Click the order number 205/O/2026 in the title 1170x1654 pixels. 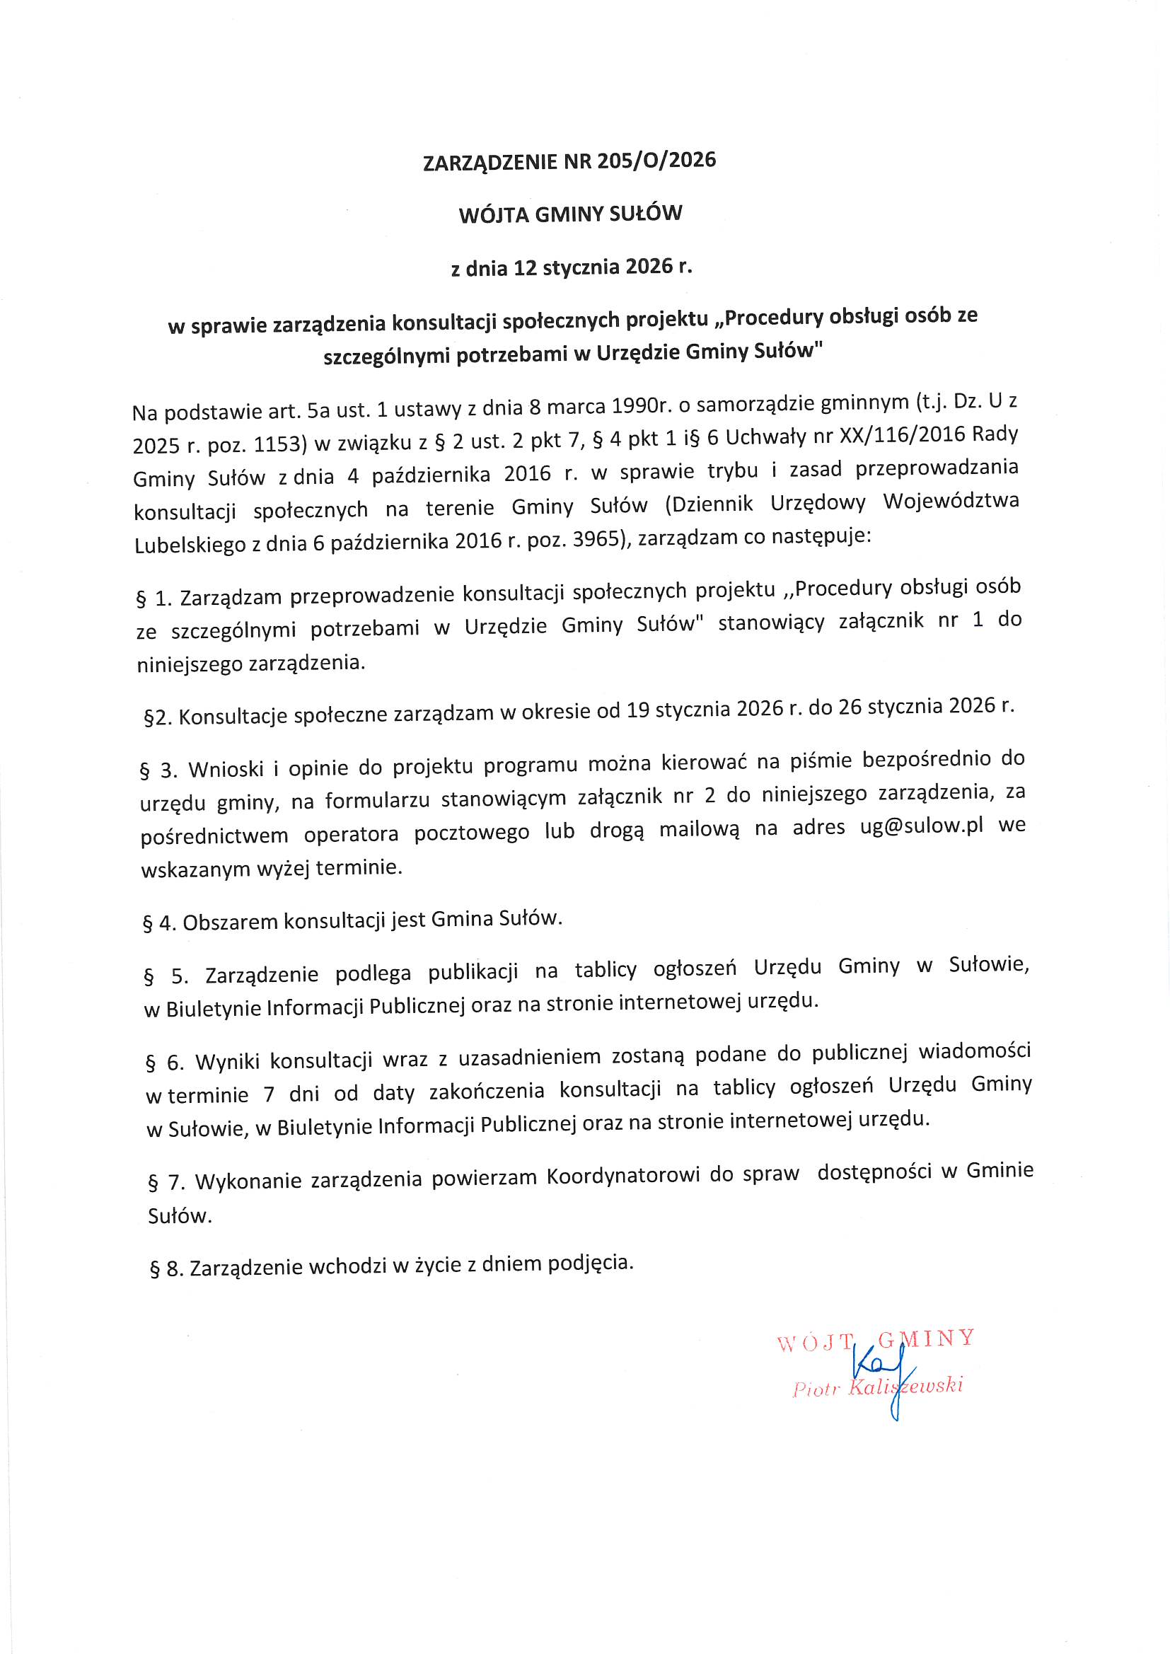tap(656, 161)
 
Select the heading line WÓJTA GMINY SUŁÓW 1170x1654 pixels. tap(570, 214)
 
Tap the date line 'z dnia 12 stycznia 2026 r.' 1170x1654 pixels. tap(572, 268)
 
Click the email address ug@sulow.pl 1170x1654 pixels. tap(922, 826)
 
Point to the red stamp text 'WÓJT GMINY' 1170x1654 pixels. tap(875, 1341)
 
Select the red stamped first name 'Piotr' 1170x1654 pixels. tap(816, 1389)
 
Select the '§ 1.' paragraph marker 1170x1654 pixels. tap(154, 598)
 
